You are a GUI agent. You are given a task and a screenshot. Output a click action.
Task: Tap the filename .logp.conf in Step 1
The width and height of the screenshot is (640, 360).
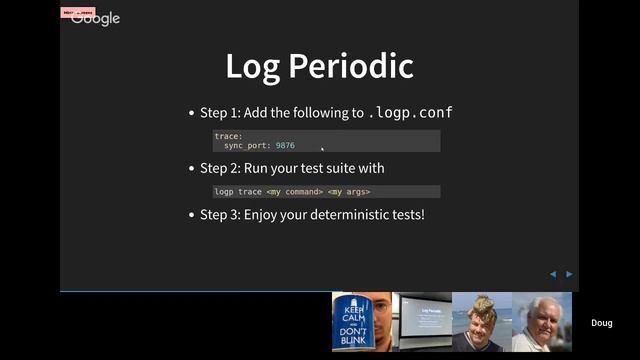411,113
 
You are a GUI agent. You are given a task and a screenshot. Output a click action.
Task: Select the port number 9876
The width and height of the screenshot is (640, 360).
285,146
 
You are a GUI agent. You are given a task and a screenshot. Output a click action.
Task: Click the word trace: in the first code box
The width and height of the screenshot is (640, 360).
228,136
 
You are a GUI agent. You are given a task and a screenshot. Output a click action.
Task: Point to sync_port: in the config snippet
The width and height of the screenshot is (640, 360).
247,146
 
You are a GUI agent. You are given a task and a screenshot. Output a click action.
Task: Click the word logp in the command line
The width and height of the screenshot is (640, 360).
224,191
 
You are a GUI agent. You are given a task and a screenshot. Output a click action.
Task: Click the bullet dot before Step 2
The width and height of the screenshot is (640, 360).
191,168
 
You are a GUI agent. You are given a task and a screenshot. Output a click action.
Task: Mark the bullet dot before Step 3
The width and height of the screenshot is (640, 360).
191,215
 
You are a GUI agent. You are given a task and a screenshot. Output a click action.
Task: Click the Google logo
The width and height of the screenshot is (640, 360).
96,18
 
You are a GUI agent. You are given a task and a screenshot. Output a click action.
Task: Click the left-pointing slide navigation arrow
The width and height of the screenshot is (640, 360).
552,274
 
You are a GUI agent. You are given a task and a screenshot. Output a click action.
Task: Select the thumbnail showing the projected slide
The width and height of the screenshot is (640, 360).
422,322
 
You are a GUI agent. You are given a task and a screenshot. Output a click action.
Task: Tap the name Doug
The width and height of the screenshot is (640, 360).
601,323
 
